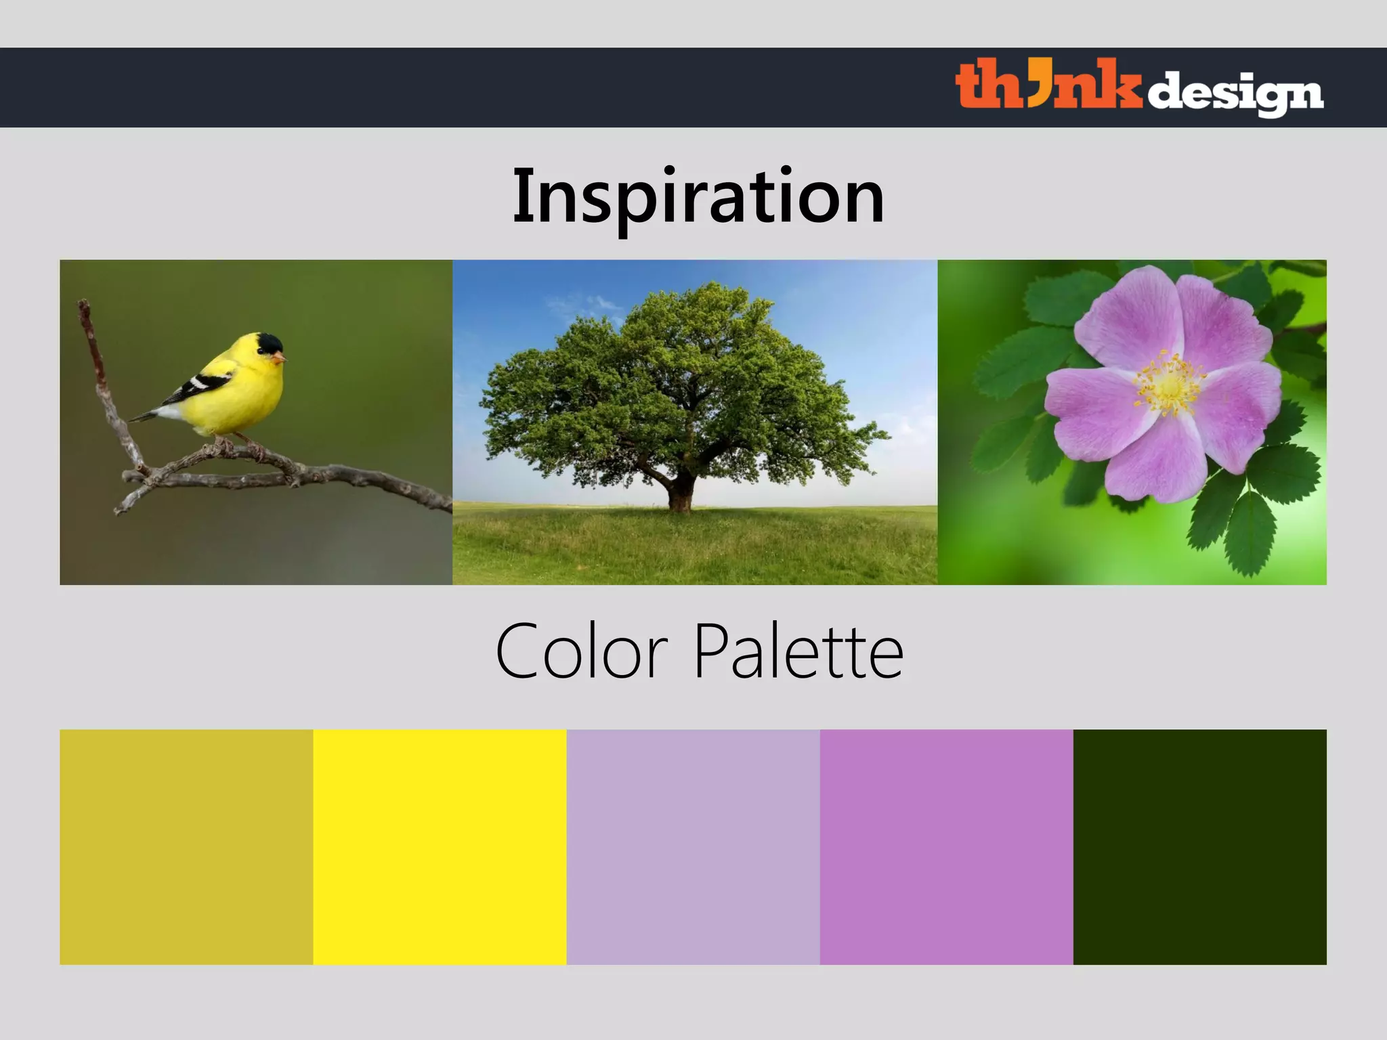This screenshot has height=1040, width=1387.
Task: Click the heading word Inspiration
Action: (x=698, y=196)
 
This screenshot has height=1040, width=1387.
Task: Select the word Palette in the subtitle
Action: (x=799, y=651)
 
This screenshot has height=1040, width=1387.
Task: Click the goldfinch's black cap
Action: (x=270, y=343)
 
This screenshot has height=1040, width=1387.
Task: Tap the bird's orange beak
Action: (x=280, y=357)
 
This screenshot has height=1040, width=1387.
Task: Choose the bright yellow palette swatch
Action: (x=440, y=846)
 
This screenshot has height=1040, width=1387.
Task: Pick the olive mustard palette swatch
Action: (x=186, y=846)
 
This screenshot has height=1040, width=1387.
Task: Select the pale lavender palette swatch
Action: (x=693, y=846)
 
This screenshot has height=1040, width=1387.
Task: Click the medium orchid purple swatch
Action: (x=946, y=846)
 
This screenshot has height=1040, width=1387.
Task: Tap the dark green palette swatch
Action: (x=1199, y=846)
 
